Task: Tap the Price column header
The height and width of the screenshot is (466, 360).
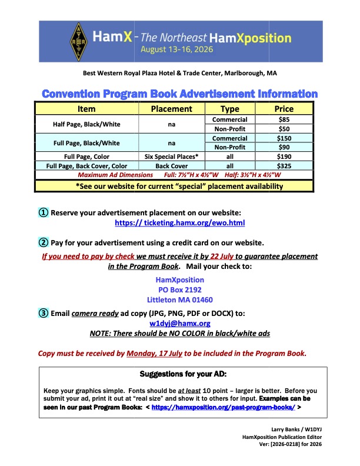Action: (284, 109)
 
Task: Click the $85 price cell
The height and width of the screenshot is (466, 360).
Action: (284, 119)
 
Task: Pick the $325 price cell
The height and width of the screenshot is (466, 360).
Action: (284, 167)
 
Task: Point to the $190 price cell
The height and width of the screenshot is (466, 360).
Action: (284, 157)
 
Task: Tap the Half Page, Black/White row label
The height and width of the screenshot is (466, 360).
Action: (87, 124)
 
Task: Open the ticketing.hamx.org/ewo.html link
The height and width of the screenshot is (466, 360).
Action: (180, 223)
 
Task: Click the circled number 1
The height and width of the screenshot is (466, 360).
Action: (44, 212)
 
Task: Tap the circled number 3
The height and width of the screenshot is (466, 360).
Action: (44, 313)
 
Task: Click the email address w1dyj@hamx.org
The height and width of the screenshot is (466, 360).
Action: (180, 323)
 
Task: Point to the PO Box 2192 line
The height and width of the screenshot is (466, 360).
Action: (180, 290)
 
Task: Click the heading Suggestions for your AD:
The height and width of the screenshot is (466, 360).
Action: (180, 374)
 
